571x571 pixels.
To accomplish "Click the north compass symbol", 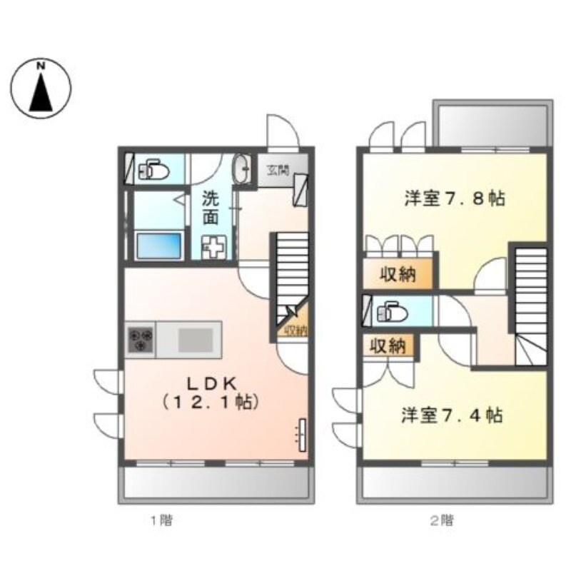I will click(41, 88).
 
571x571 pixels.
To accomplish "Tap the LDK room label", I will click(208, 392).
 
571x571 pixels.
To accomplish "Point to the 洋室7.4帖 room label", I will click(451, 415).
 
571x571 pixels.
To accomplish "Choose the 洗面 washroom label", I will click(210, 208).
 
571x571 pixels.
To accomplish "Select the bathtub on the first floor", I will click(159, 246).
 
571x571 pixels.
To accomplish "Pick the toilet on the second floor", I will click(391, 312).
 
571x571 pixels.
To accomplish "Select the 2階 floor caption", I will click(441, 520).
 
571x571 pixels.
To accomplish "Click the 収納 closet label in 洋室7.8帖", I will click(397, 274).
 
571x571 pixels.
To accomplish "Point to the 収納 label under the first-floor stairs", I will click(295, 329).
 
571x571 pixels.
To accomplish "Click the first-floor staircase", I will click(290, 272).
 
